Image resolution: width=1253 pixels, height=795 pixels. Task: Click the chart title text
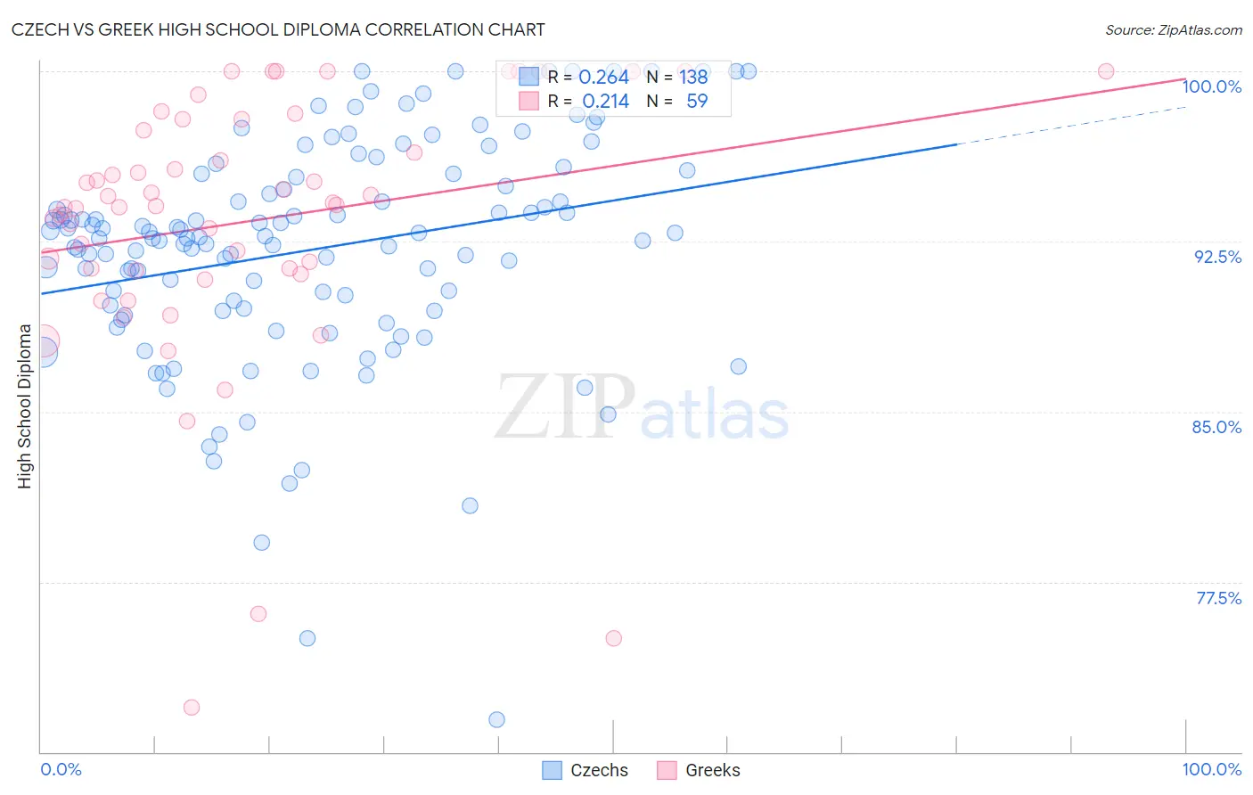[x=278, y=29]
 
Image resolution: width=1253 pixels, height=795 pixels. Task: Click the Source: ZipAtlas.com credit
[x=1173, y=29]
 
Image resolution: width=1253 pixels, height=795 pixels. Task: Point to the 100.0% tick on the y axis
[x=1211, y=86]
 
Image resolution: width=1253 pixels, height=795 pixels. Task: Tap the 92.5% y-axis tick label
[x=1217, y=257]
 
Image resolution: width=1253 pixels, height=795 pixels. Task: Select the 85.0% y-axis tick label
[x=1216, y=427]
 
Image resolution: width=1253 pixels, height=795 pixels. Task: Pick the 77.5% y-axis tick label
[x=1218, y=598]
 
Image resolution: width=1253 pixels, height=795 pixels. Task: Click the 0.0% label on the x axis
[x=61, y=769]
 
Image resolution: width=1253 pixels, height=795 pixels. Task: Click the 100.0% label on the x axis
[x=1211, y=769]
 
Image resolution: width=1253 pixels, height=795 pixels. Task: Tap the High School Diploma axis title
[x=25, y=406]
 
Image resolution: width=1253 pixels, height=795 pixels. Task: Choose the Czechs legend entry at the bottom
[x=586, y=770]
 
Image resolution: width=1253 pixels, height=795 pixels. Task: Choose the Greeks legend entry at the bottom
[x=700, y=770]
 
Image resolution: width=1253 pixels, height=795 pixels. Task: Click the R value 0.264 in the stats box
[x=603, y=78]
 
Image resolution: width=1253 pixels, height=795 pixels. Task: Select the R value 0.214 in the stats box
[x=605, y=102]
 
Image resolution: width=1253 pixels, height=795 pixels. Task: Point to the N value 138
[x=693, y=78]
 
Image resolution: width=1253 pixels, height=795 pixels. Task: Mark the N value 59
[x=697, y=102]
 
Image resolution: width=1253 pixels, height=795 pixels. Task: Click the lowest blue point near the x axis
[x=497, y=719]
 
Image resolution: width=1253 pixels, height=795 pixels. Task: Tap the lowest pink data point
[x=192, y=708]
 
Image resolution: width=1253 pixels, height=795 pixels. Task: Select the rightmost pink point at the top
[x=1106, y=71]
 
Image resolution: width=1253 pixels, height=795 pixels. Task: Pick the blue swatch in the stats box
[x=529, y=78]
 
